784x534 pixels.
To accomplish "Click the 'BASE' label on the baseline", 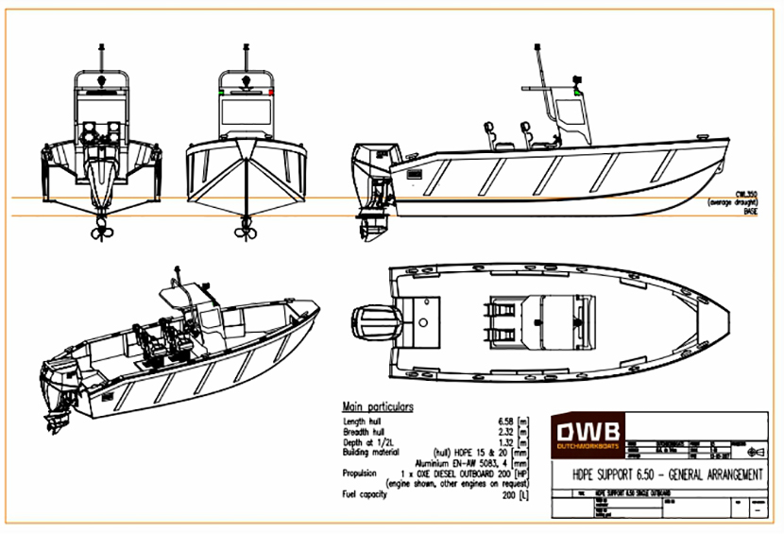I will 750,213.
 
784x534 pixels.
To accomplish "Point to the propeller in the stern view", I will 100,230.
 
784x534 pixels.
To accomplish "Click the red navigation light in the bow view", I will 271,94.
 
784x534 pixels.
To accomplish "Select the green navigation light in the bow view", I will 220,94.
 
